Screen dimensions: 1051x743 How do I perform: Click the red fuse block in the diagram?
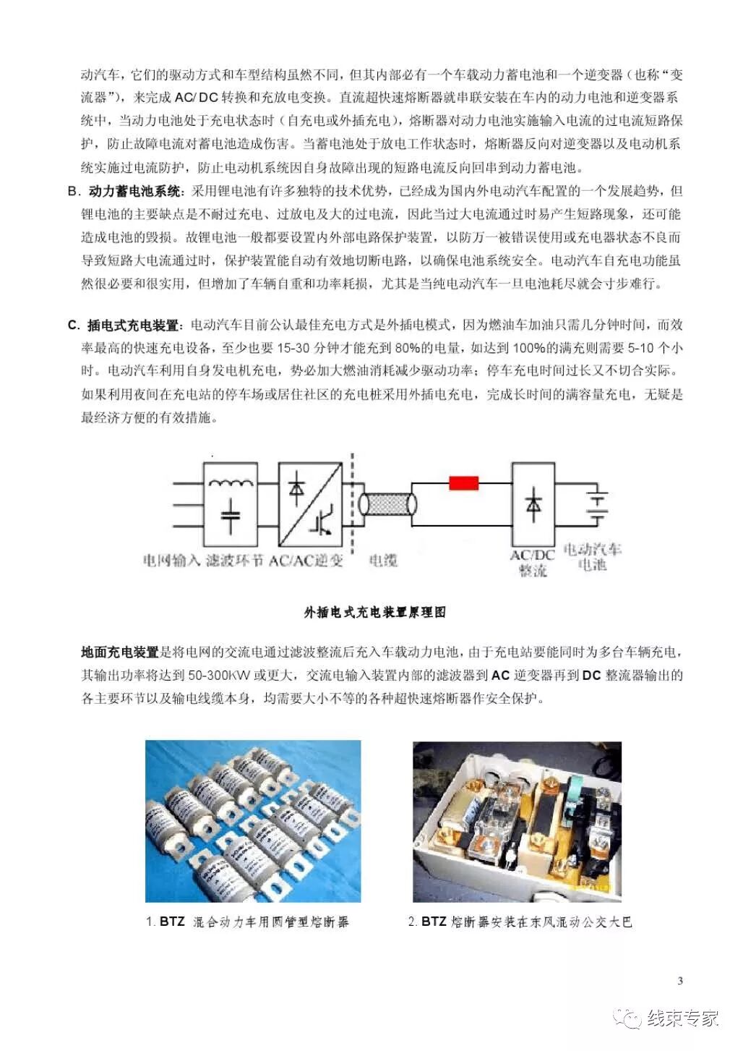click(463, 482)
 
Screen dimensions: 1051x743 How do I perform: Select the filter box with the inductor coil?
click(230, 505)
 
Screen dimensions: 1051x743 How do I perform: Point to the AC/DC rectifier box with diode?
click(533, 504)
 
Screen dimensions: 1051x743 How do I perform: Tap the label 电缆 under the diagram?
click(383, 560)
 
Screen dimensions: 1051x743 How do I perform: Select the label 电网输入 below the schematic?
click(171, 560)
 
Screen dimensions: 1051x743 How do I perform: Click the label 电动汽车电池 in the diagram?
click(592, 556)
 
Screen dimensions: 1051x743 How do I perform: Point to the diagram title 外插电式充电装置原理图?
click(375, 613)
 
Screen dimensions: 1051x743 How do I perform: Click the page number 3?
click(680, 981)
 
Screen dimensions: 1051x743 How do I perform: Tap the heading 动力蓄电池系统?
click(136, 191)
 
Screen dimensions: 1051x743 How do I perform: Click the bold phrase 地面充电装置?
click(119, 652)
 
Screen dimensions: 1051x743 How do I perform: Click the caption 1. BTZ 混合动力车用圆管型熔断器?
click(247, 922)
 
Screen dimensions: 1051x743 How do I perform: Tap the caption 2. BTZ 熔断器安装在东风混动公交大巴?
click(520, 922)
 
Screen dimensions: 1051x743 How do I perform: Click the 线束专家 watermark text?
click(682, 1018)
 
